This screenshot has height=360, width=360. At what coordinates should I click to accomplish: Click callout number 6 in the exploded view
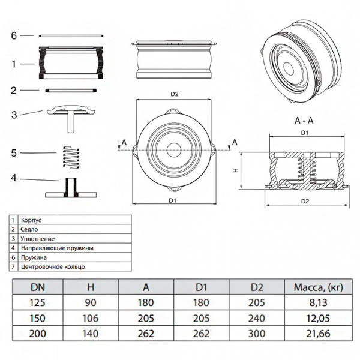coord(14,35)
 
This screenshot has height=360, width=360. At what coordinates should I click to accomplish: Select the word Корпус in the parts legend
coord(30,220)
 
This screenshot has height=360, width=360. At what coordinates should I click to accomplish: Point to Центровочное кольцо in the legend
coord(53,266)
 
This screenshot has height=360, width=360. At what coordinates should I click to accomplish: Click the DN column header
coord(37,287)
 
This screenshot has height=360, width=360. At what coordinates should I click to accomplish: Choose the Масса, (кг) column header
coord(319,287)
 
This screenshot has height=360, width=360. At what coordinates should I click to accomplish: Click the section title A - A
coord(305,120)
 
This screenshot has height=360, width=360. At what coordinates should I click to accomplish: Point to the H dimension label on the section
coord(236,170)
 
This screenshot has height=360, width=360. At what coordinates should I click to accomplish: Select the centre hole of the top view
coord(174,147)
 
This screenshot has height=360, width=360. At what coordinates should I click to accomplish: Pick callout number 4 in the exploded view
coord(13,178)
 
